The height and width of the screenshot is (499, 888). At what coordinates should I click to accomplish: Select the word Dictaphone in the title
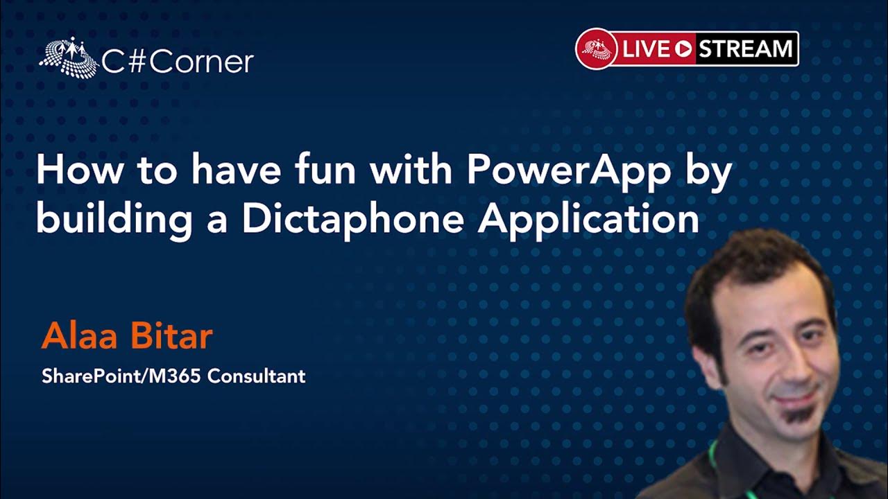(x=353, y=220)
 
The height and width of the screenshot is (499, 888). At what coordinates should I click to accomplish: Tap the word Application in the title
(x=589, y=220)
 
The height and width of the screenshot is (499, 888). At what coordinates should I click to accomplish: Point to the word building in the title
(x=114, y=220)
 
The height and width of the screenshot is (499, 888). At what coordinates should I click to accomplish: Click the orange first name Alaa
(x=79, y=336)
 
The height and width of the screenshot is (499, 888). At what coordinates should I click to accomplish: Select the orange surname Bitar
(x=171, y=336)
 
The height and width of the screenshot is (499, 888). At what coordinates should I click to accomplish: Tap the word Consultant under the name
(x=257, y=376)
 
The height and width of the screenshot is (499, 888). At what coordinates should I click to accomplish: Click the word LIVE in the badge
(x=646, y=49)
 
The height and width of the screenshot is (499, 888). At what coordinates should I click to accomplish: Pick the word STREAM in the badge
(x=745, y=49)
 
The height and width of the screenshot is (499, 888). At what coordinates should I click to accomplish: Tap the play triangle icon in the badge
(x=683, y=49)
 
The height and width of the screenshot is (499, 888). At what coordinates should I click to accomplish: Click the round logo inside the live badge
(x=596, y=49)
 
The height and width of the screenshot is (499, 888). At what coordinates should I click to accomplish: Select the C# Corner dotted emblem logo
(x=69, y=58)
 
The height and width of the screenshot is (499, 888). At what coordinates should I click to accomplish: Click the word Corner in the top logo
(x=201, y=62)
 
